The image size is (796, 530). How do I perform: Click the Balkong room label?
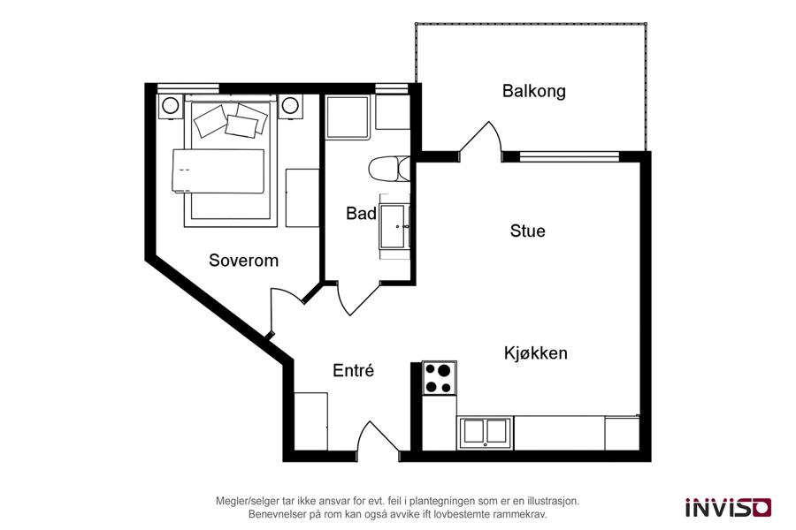pyautogui.click(x=533, y=91)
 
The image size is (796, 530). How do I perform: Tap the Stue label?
pyautogui.click(x=527, y=231)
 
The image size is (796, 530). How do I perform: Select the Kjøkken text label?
pyautogui.click(x=536, y=352)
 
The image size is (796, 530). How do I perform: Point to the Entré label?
pyautogui.click(x=353, y=370)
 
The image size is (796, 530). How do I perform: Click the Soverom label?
pyautogui.click(x=244, y=261)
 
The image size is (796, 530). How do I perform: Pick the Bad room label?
pyautogui.click(x=361, y=213)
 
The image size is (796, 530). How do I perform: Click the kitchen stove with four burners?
pyautogui.click(x=439, y=378)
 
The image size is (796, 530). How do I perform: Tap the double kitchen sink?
pyautogui.click(x=485, y=433)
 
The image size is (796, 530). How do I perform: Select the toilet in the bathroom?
pyautogui.click(x=389, y=169)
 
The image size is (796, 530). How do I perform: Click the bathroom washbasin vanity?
pyautogui.click(x=394, y=227)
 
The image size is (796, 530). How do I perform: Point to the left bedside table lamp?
pyautogui.click(x=170, y=105)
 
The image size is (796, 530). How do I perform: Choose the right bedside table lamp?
pyautogui.click(x=289, y=105)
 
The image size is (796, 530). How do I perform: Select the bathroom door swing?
pyautogui.click(x=357, y=299)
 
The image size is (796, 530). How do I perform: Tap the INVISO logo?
pyautogui.click(x=729, y=507)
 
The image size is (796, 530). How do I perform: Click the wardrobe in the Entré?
pyautogui.click(x=310, y=421)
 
